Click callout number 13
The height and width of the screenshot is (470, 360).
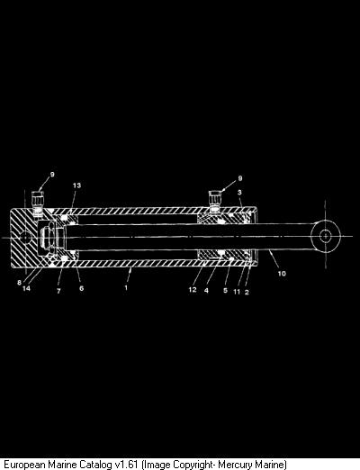(76, 185)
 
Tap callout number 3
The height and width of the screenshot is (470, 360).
(239, 192)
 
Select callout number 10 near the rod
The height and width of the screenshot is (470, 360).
(282, 274)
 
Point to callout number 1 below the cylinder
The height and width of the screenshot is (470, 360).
(126, 287)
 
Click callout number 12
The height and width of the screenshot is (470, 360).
(193, 290)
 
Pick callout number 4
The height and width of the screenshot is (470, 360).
(206, 291)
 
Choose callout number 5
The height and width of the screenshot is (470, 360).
(225, 291)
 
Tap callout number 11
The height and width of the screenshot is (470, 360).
(237, 292)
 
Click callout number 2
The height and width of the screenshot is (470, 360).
(247, 292)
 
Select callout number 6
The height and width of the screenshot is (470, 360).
(81, 288)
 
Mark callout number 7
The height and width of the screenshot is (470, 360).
(58, 291)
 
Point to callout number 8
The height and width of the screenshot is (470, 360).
(20, 283)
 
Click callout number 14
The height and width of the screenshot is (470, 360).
(26, 288)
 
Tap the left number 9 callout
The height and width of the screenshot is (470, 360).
(52, 175)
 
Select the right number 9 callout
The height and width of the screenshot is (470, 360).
(240, 178)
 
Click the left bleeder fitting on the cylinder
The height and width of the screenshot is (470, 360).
(38, 203)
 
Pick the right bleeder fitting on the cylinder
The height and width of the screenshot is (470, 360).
(214, 201)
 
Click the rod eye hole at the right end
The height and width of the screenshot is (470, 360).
(325, 236)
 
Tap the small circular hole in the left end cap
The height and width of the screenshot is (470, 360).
(26, 237)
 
